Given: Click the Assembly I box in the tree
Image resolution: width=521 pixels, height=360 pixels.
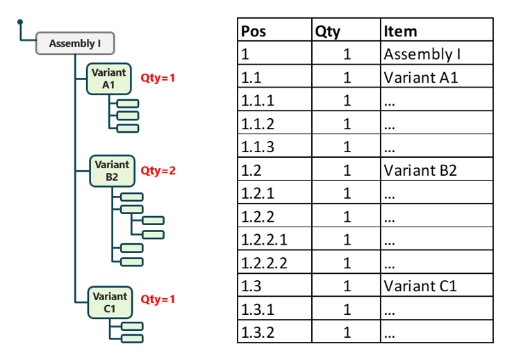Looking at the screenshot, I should coord(75,44).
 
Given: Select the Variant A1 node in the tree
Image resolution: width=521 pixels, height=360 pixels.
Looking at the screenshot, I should coord(108,79).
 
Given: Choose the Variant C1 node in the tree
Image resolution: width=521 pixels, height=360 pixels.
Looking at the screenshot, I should coord(109,302).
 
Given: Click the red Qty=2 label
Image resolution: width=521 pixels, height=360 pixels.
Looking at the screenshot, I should coord(158,170).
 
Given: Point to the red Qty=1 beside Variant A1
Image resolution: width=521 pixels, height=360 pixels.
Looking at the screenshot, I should coord(158,78).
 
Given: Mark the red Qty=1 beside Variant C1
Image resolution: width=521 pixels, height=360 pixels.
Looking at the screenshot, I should coord(158,300).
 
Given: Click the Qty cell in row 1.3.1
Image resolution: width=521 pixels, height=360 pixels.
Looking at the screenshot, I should coord(346,309).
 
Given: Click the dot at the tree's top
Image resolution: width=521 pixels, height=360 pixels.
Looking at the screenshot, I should coord(20,23).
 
